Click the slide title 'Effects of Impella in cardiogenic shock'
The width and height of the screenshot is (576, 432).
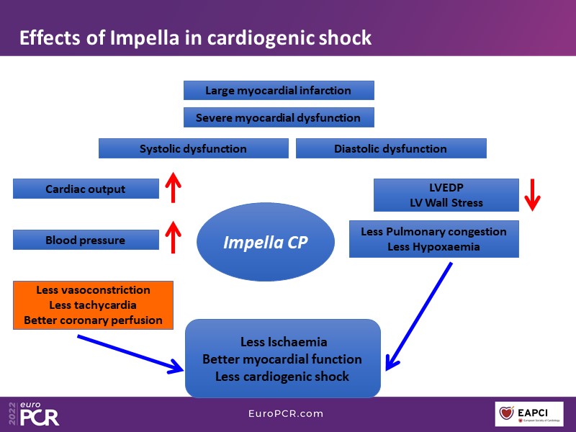pos(195,37)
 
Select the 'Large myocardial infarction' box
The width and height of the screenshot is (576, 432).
pos(279,91)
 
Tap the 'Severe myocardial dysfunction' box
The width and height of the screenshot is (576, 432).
pos(279,117)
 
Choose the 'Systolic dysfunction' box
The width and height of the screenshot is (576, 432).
pos(193,149)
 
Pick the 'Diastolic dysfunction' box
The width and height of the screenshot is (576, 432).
pos(390,149)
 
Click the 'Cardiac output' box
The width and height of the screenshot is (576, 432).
pos(86,189)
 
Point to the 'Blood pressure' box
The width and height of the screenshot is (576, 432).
pos(86,240)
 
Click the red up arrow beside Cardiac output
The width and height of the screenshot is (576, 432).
pos(173,188)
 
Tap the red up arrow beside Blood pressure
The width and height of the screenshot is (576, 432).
pos(173,238)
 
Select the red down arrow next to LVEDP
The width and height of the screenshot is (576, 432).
pos(532,194)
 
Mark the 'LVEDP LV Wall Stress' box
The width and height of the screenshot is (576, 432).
pos(446,195)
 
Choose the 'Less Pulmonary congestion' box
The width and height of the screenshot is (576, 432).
pos(433,238)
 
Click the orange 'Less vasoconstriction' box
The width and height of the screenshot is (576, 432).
pos(93,305)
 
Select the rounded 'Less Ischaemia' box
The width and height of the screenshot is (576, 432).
pos(282,359)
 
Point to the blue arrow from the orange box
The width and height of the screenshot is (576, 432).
pos(130,354)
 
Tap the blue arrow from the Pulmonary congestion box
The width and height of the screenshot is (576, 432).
pos(419,317)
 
